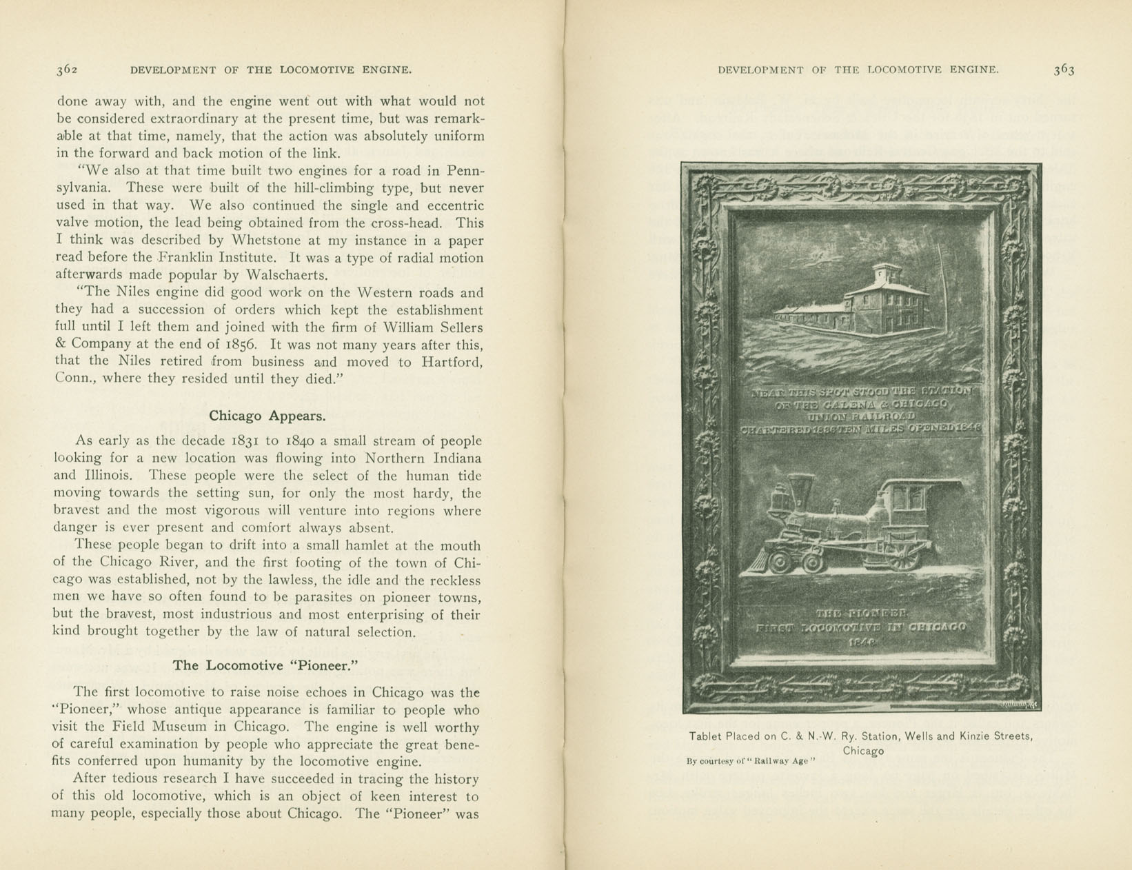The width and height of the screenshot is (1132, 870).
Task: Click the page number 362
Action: click(x=67, y=70)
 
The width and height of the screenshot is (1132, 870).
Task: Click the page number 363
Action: click(x=1064, y=70)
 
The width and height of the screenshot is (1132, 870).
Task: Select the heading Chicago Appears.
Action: click(x=267, y=416)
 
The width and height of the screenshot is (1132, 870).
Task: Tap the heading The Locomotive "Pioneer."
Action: click(x=267, y=665)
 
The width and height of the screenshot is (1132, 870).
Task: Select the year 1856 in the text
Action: click(x=242, y=345)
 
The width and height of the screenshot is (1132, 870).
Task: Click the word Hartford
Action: click(x=449, y=362)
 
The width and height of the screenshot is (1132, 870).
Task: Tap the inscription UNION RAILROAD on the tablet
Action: click(x=862, y=416)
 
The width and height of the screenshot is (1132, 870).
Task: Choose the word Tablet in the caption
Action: click(x=705, y=736)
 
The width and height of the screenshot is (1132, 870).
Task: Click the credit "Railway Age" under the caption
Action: click(x=782, y=762)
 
